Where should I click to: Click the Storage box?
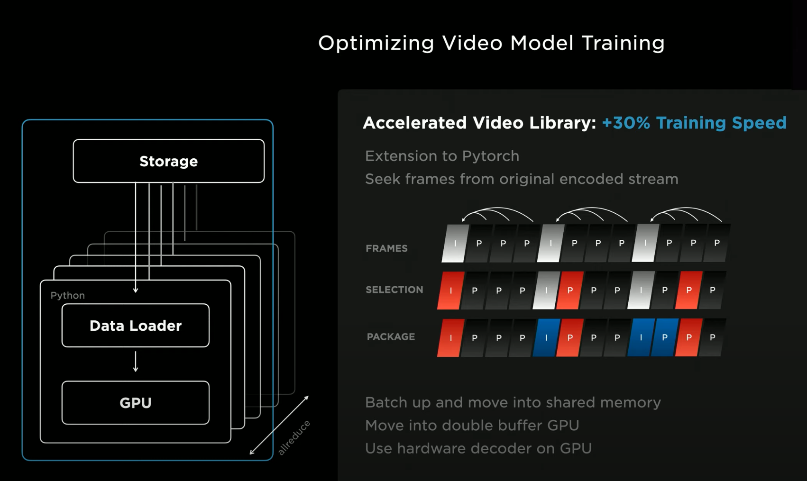(168, 161)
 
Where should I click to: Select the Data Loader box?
(136, 326)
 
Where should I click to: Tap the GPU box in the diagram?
(136, 403)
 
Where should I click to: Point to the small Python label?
(68, 295)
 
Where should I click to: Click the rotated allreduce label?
(294, 437)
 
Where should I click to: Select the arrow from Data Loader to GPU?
(136, 362)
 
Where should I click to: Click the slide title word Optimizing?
(376, 43)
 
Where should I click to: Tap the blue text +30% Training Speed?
(694, 123)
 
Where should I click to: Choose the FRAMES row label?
(386, 248)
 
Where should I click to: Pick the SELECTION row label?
(394, 290)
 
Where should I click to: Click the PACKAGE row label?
(391, 336)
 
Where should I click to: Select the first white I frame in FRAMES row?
(455, 243)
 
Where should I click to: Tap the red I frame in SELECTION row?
(450, 290)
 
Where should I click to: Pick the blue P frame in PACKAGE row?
(664, 337)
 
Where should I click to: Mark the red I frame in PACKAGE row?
(450, 337)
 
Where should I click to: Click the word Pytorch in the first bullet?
(490, 156)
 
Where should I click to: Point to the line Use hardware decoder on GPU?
(478, 448)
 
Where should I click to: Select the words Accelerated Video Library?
(479, 123)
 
